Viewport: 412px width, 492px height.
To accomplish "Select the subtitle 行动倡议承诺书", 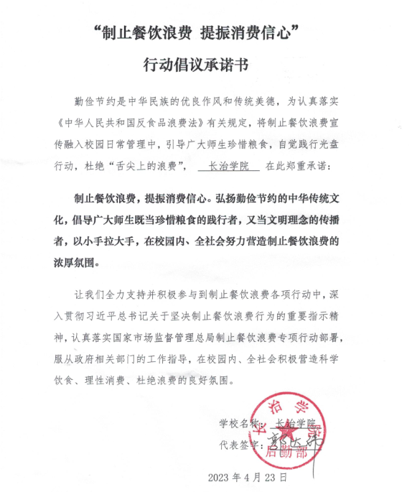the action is pyautogui.click(x=205, y=65).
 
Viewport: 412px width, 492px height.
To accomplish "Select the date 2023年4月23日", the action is pyautogui.click(x=247, y=477).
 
